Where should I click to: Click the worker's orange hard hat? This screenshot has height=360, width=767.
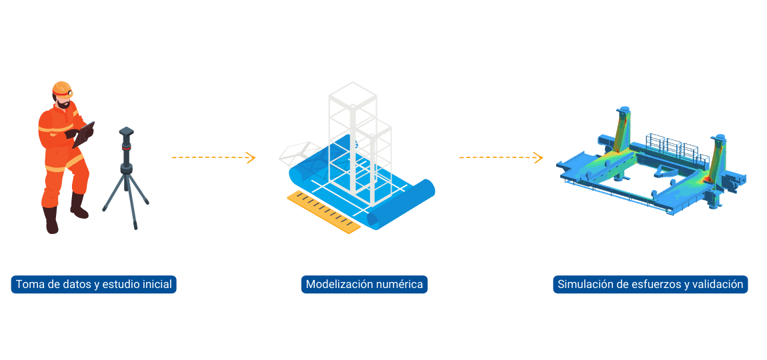point(61,88)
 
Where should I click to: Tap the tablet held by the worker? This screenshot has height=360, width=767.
point(85,133)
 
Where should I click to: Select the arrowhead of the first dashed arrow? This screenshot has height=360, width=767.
point(251,158)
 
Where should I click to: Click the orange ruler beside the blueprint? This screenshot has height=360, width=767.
point(323,212)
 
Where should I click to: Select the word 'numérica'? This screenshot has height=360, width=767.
point(399,285)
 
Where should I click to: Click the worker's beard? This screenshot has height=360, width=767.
point(63,105)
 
